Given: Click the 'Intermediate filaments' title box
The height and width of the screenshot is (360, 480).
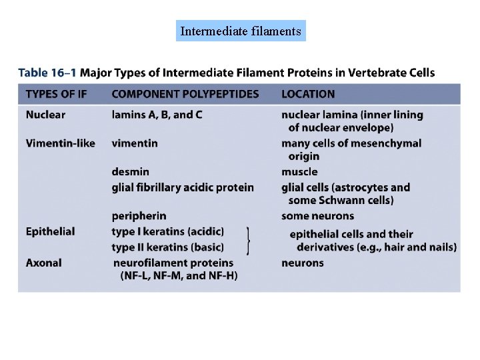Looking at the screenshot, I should tap(241, 31).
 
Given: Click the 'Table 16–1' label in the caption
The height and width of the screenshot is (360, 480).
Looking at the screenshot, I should tap(46, 72).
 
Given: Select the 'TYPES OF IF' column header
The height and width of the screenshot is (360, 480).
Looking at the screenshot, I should tap(56, 94).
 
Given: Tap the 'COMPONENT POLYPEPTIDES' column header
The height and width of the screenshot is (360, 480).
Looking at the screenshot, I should tap(185, 94).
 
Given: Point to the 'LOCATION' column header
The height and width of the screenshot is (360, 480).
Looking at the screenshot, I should tap(308, 94).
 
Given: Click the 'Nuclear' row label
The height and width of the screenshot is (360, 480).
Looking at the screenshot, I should tap(45, 115).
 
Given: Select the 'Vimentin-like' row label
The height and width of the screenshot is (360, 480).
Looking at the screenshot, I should tap(60, 143).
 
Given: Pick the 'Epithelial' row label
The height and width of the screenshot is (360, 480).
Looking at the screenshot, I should tap(50, 231).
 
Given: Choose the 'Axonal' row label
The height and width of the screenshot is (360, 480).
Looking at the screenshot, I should tap(43, 263).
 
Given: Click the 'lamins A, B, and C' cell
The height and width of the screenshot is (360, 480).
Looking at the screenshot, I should tap(157, 115).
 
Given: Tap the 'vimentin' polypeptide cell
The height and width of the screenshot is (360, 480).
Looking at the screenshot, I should tap(135, 143).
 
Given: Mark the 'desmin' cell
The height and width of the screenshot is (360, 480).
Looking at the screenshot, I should tap(130, 172).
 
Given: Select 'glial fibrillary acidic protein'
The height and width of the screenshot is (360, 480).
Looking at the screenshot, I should tap(183, 187).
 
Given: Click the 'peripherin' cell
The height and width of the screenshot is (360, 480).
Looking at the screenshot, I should tap(139, 216).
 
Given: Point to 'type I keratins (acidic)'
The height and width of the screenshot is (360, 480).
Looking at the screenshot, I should tap(167, 231).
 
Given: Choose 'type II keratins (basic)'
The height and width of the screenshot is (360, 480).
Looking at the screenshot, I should tap(167, 247).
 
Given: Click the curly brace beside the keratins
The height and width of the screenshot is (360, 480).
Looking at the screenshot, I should tap(249, 240).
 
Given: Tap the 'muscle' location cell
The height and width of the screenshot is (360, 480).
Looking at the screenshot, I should tap(299, 172).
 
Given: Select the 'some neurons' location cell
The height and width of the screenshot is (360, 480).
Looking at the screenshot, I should tap(317, 216).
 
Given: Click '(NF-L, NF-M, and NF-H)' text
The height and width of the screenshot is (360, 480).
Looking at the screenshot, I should tap(179, 275).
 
